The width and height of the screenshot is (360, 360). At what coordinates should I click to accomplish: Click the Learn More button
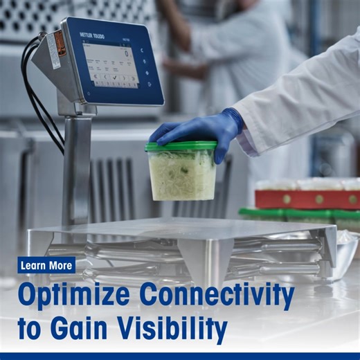coord(47,265)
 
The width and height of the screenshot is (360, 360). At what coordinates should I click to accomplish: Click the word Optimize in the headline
coord(83,296)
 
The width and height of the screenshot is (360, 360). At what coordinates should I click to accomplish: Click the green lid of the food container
coord(181,146)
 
